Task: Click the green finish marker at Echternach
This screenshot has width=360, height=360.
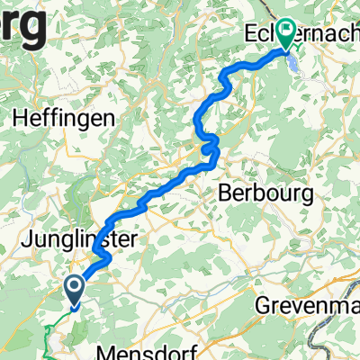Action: pyautogui.click(x=286, y=34)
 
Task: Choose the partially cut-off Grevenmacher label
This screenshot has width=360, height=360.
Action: pyautogui.click(x=310, y=304)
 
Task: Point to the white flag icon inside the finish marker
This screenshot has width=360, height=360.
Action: pyautogui.click(x=286, y=32)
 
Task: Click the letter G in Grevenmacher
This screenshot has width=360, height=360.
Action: pyautogui.click(x=265, y=304)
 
